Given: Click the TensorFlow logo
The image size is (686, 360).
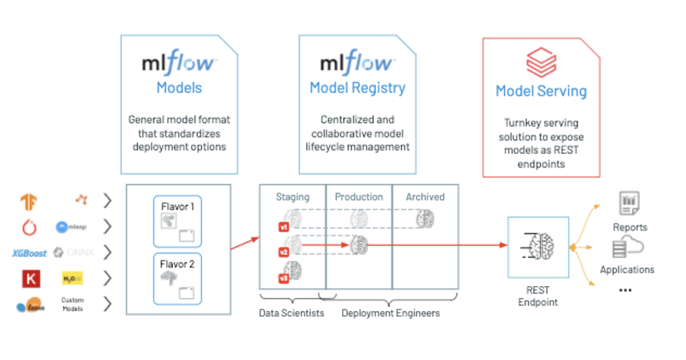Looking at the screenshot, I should [29, 201].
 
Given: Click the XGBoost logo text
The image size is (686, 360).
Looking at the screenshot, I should [29, 253].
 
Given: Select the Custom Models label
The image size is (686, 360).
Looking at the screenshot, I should [73, 304].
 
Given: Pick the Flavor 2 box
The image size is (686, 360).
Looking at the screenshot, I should [177, 278].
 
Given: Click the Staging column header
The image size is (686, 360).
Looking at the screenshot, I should [292, 197].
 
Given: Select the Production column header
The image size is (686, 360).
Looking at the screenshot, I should [358, 197].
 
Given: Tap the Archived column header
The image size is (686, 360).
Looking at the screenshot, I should [425, 197].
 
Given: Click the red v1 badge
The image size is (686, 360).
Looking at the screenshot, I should [282, 227].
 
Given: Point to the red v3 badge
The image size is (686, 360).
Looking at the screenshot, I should [282, 278].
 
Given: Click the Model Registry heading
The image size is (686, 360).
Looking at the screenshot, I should [357, 88].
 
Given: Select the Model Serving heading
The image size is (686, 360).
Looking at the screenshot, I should [541, 91].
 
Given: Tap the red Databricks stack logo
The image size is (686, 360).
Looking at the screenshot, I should [541, 62].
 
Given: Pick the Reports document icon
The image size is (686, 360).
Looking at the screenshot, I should [629, 203].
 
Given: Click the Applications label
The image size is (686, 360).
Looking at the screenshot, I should [627, 269].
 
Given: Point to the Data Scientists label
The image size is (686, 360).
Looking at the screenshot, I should [292, 313].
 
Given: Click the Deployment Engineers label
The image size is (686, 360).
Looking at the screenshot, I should [390, 313].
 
